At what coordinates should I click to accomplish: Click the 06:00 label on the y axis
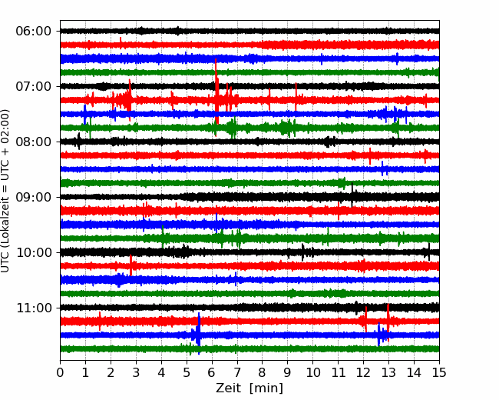(x=34, y=32)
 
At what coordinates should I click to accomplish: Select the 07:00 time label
(x=34, y=86)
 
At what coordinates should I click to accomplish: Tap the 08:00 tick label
(x=34, y=142)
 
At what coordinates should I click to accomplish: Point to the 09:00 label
(x=34, y=197)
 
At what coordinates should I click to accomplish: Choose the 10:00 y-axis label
(x=34, y=252)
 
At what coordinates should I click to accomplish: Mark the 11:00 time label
(x=34, y=308)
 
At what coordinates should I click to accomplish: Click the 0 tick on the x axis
(x=60, y=372)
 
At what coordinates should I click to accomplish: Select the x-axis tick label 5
(x=187, y=372)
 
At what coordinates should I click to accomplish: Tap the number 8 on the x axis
(x=263, y=372)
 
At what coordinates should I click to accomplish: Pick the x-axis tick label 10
(x=312, y=372)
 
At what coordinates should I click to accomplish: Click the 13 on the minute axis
(x=388, y=372)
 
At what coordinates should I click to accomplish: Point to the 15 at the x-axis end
(x=439, y=372)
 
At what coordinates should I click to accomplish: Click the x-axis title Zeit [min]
(x=249, y=388)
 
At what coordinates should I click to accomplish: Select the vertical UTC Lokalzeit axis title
(x=5, y=191)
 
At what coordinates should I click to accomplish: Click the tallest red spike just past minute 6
(x=216, y=91)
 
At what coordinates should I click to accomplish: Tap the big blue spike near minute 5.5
(x=199, y=333)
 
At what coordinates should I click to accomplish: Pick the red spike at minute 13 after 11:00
(x=388, y=322)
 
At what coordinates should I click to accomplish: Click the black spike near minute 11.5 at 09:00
(x=352, y=195)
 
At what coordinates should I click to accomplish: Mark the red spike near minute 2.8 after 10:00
(x=131, y=265)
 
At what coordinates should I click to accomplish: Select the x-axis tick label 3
(x=136, y=372)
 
